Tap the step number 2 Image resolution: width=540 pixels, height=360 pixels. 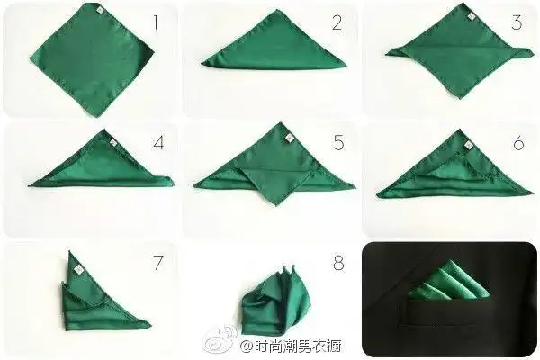pos(337,22)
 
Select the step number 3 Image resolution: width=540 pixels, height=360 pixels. pos(516,22)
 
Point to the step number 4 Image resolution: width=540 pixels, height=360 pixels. pos(158,141)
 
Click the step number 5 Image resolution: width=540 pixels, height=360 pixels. pos(338,141)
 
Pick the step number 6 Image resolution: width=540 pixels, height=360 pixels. pos(517,141)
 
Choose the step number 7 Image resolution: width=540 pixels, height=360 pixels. pos(158,263)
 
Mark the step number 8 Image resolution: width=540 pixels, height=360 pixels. pos(338,263)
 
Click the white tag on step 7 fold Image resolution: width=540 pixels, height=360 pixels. pos(77,266)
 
